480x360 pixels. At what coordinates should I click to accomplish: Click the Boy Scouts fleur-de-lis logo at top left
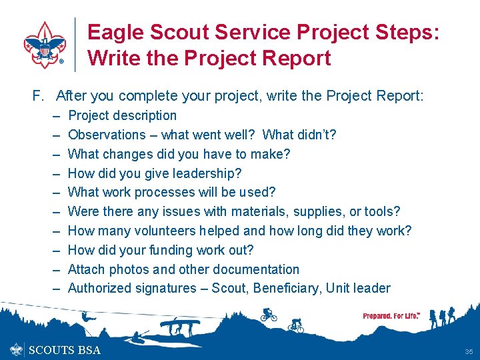[x=45, y=44]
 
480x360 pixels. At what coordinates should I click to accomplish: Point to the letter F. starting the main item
[x=38, y=96]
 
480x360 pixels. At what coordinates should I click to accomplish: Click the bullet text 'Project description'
[x=122, y=115]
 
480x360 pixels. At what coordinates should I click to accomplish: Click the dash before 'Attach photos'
[x=56, y=269]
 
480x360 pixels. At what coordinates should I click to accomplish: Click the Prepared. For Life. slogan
[x=391, y=316]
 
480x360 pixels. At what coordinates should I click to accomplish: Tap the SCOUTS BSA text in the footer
[x=64, y=350]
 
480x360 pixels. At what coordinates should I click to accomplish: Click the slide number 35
[x=469, y=351]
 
